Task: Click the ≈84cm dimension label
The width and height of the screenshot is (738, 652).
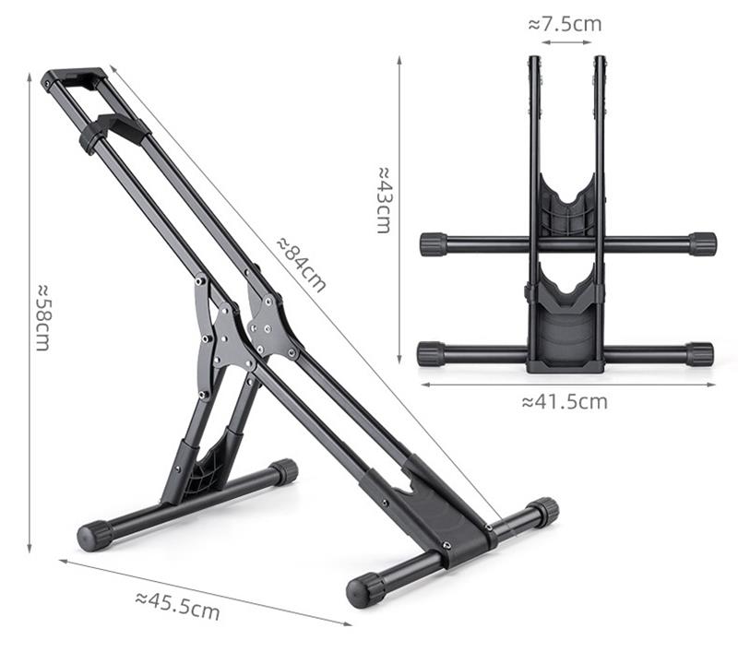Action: [x=302, y=265]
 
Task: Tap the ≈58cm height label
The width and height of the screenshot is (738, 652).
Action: [x=42, y=317]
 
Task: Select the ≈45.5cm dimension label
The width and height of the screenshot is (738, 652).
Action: [x=177, y=605]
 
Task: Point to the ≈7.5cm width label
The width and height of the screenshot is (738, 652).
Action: [x=565, y=24]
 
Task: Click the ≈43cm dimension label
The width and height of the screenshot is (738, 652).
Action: [x=384, y=200]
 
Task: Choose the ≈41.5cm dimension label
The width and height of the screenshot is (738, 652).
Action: [x=565, y=402]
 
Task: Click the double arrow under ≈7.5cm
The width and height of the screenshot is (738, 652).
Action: [x=566, y=42]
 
